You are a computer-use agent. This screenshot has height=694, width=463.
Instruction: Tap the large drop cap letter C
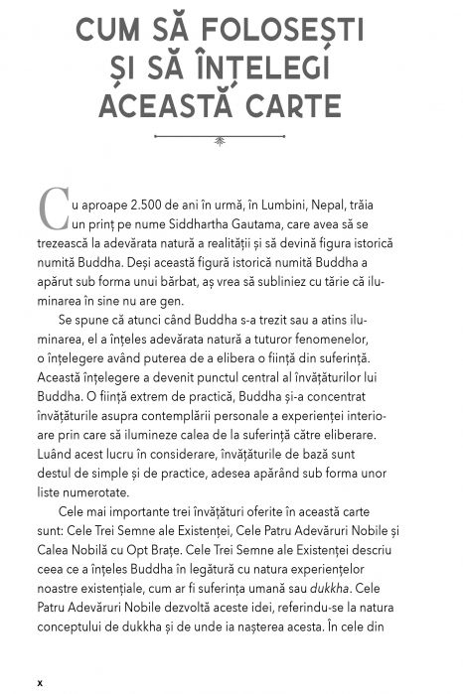tap(53, 207)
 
